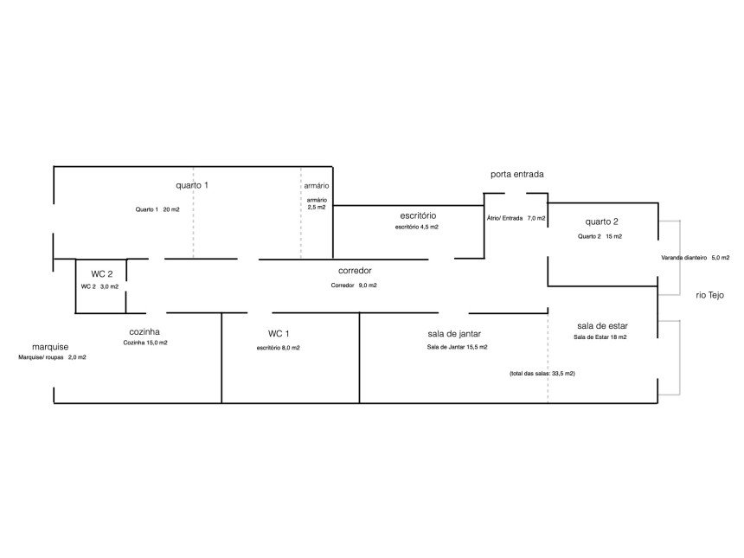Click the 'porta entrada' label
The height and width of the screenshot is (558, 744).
[x=516, y=174]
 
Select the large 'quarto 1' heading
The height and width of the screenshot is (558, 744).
[x=192, y=185]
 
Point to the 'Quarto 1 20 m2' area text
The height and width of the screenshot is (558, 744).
[x=157, y=209]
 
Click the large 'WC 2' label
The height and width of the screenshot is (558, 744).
[x=102, y=273]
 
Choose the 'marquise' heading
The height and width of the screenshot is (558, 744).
[x=50, y=346]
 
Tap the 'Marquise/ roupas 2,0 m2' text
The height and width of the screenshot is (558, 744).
[x=52, y=356]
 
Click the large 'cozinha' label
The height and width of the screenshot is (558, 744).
[x=144, y=331]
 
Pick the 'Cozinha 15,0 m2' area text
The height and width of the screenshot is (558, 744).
[x=145, y=343]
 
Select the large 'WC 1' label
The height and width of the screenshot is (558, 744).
[x=279, y=333]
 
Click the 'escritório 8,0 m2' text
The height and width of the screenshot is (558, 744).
[x=279, y=347]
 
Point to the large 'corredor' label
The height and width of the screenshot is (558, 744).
[x=355, y=271]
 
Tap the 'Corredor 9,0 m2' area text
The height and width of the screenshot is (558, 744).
[x=354, y=285]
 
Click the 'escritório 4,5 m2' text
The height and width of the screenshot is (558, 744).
[x=417, y=227]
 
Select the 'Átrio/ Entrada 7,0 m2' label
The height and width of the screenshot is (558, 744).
[x=516, y=219]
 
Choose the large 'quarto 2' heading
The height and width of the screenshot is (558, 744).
[x=601, y=221]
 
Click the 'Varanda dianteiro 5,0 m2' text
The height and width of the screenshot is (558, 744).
[x=696, y=257]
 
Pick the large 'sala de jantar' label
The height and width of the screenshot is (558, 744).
[x=454, y=333]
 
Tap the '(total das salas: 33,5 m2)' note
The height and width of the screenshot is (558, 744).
[x=542, y=373]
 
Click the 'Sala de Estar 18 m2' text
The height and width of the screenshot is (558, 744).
[x=600, y=337]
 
